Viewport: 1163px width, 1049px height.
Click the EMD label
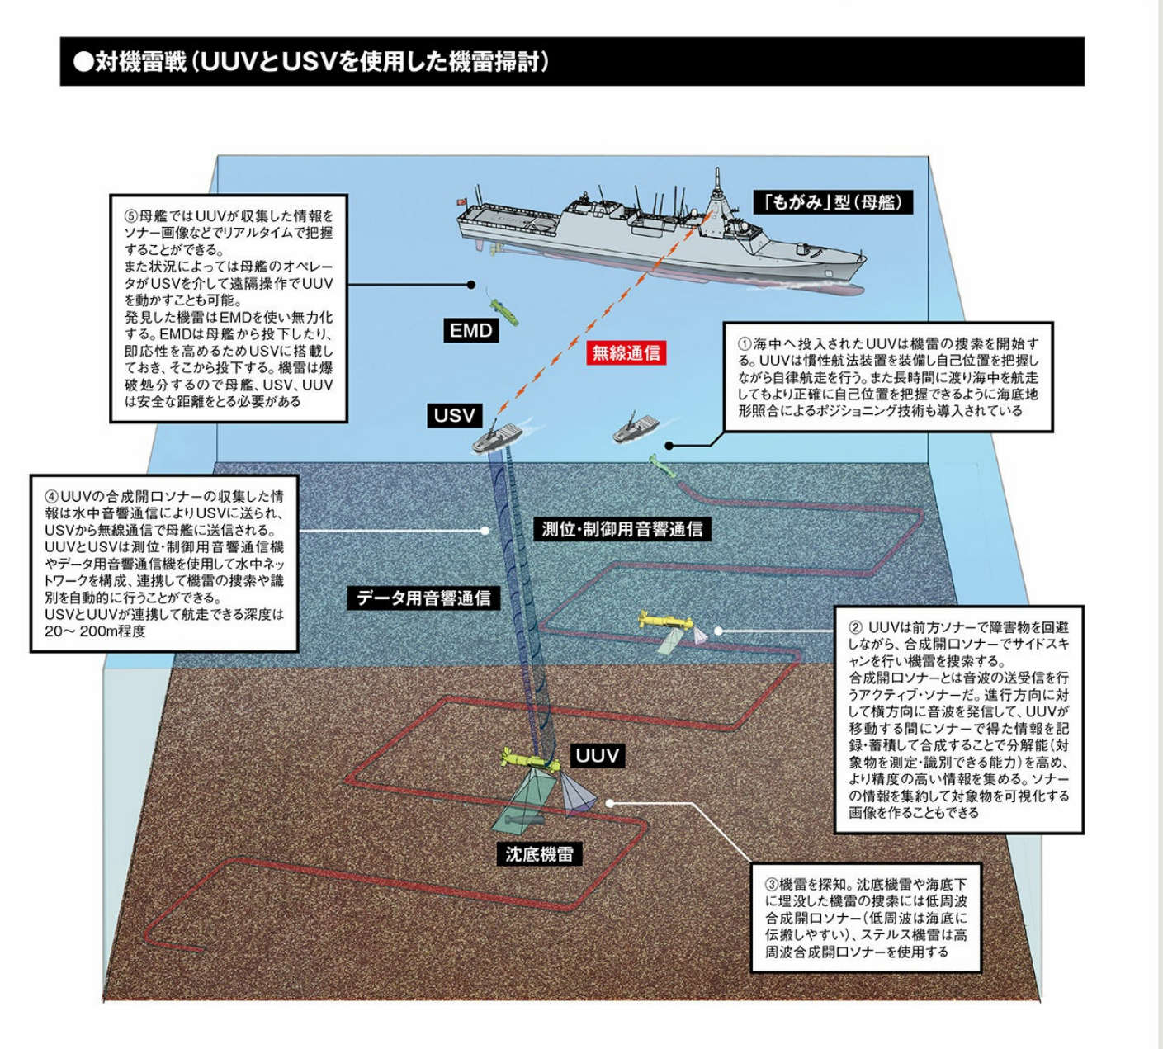[470, 331]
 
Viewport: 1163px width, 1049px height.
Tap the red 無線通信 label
[626, 354]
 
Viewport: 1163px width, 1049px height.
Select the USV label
[455, 415]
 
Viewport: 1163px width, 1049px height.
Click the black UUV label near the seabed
[597, 756]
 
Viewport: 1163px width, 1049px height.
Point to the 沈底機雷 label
[539, 853]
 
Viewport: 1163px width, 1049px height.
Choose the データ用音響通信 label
[423, 598]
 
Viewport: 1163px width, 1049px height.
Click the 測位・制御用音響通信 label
[622, 529]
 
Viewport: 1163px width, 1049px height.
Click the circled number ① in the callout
[744, 343]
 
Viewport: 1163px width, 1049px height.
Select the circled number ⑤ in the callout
[131, 216]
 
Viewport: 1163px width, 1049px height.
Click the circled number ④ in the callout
[52, 498]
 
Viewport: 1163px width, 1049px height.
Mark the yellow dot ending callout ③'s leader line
[609, 802]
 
